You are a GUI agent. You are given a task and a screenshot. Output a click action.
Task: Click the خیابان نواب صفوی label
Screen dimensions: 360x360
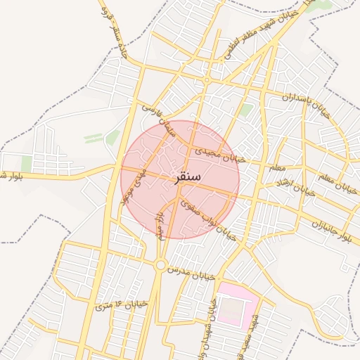[207, 219]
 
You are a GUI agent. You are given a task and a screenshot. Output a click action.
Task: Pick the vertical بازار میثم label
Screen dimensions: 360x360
[160, 224]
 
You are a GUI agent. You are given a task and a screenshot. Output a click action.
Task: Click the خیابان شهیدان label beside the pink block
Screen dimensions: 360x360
[210, 323]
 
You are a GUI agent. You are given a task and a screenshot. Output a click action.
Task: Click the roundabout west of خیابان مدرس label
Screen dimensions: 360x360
[160, 265]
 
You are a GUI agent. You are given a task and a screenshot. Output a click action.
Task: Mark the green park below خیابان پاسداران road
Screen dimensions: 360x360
[245, 110]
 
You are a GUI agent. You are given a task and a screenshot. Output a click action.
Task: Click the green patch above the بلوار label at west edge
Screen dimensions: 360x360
[27, 164]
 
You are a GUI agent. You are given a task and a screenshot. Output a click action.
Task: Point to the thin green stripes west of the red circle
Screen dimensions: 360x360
[94, 138]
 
